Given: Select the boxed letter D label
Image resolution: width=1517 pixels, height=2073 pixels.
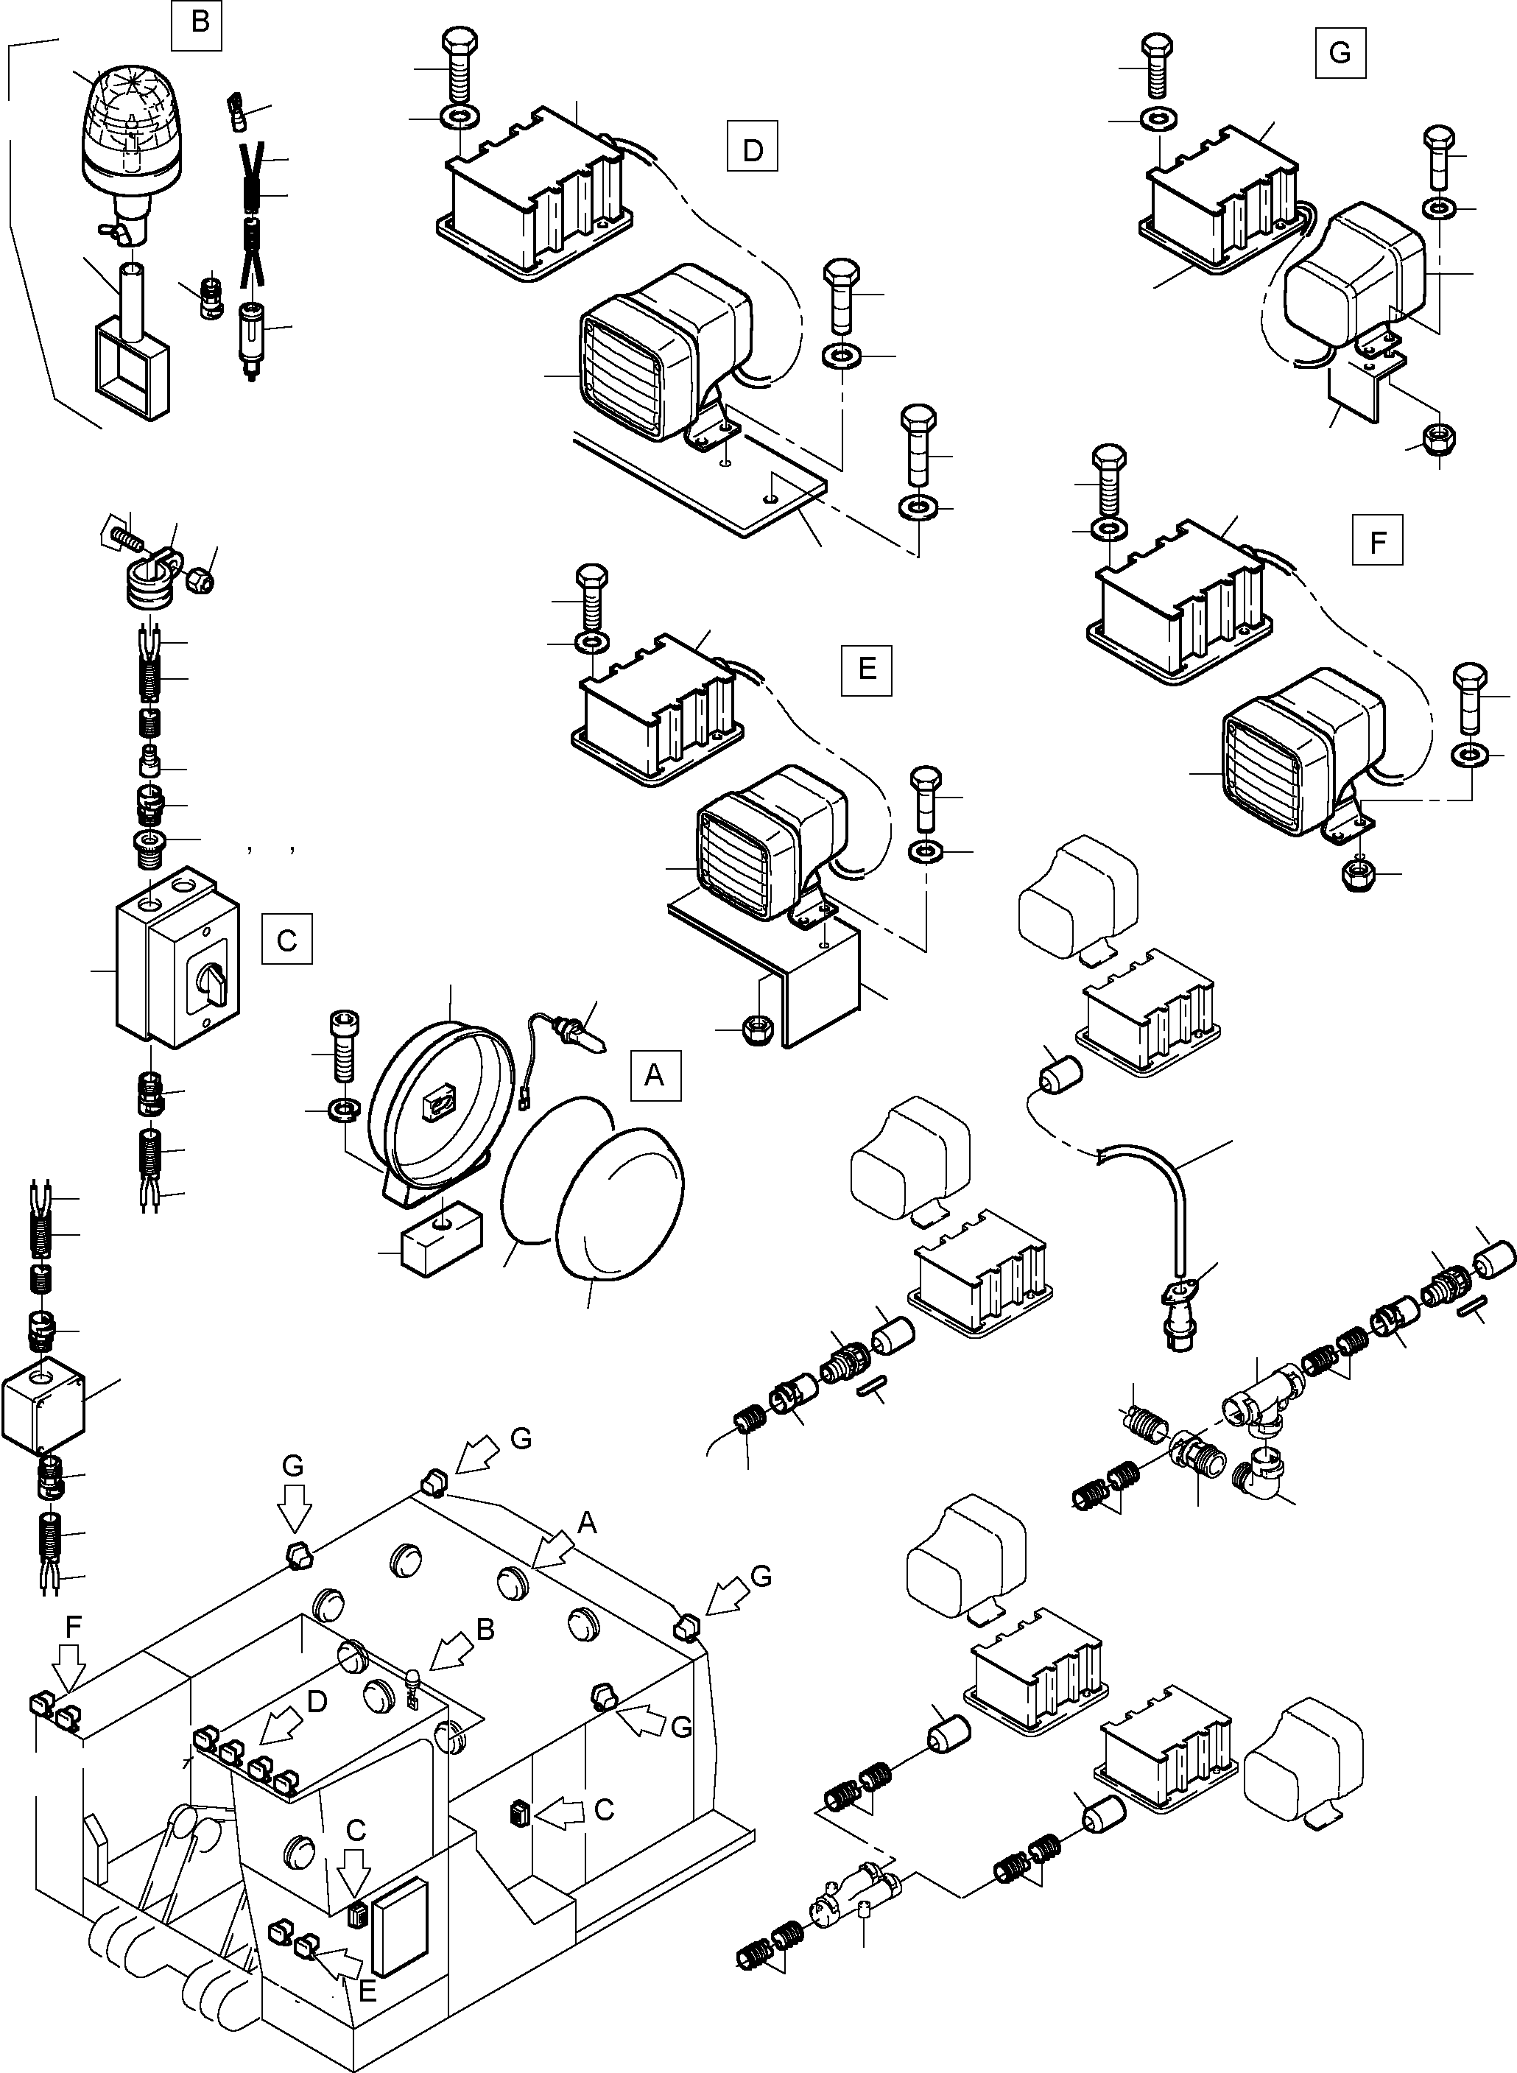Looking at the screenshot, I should pos(752,146).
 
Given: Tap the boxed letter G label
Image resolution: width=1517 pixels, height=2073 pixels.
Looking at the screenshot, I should pos(1339,52).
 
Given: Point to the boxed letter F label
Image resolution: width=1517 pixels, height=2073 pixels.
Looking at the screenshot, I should pos(1377,540).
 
